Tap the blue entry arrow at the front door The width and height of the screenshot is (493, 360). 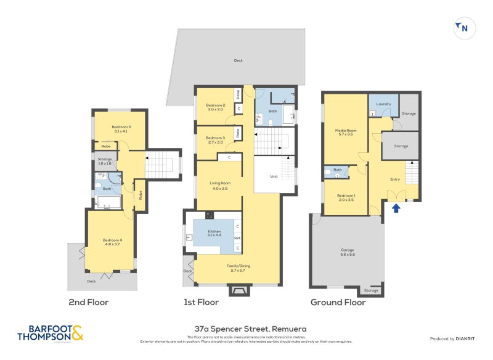[x=396, y=208]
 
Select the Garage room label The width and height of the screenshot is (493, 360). [x=348, y=252]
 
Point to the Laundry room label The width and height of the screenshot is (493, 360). [x=383, y=104]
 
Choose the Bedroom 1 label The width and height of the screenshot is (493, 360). [x=346, y=198]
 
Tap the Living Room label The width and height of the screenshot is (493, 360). [x=219, y=184]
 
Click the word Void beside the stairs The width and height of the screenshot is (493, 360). [x=274, y=176]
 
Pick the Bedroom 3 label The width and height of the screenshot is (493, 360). [x=215, y=139]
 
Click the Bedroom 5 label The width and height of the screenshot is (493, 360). [x=121, y=128]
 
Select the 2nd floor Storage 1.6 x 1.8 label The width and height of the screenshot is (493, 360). [x=104, y=162]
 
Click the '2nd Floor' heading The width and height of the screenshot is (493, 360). [x=88, y=303]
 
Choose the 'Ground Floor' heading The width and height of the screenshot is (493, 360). [x=338, y=303]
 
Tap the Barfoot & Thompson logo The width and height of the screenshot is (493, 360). [x=50, y=333]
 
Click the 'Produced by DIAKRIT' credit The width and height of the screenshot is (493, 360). [x=455, y=338]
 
